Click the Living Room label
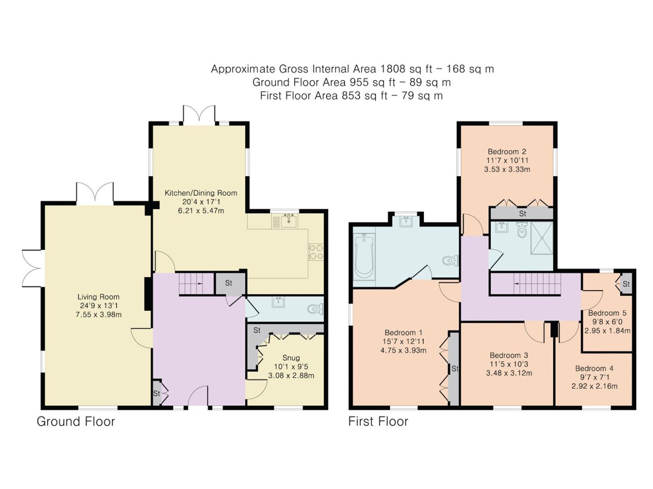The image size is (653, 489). (98, 297)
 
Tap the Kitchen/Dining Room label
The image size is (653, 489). (201, 193)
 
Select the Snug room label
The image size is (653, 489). (291, 358)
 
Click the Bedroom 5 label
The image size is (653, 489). (607, 313)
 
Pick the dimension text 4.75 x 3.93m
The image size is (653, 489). (403, 350)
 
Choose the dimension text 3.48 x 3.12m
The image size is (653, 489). (509, 373)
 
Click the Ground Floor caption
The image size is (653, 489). (76, 421)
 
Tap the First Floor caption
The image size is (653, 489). (378, 421)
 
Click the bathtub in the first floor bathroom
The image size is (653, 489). (364, 256)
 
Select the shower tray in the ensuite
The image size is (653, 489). (542, 238)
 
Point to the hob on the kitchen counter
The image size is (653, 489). (316, 252)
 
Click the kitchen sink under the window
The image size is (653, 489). (288, 221)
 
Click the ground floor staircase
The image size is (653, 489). (196, 284)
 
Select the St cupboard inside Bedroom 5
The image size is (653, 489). (626, 284)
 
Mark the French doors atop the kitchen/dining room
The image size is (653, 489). (199, 114)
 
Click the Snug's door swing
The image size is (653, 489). (257, 389)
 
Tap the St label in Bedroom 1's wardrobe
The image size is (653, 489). (455, 369)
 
